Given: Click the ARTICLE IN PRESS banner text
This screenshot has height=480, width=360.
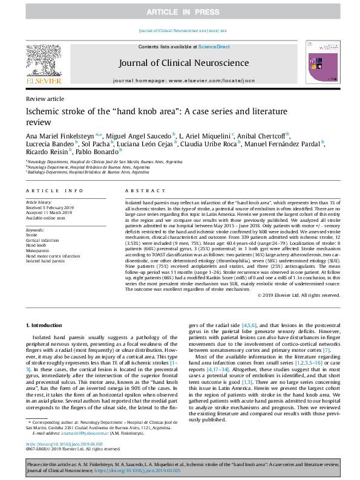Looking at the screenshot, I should click(x=180, y=12).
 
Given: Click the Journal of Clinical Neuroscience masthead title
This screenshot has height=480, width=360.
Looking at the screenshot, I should click(x=184, y=63).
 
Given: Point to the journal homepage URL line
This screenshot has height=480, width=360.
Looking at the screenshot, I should click(x=183, y=80).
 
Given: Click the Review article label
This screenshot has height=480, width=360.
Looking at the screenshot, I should click(x=44, y=99).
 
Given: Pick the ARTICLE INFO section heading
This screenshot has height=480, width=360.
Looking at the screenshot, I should click(x=50, y=189).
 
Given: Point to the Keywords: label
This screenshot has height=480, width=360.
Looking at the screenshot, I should click(x=36, y=230).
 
